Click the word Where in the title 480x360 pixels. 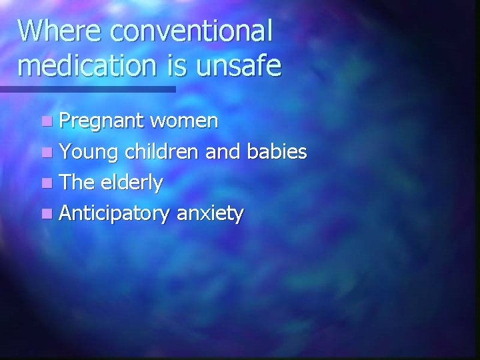point(59,31)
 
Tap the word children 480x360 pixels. point(161,152)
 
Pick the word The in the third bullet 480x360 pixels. point(77,183)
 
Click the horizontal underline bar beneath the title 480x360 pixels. point(87,89)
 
